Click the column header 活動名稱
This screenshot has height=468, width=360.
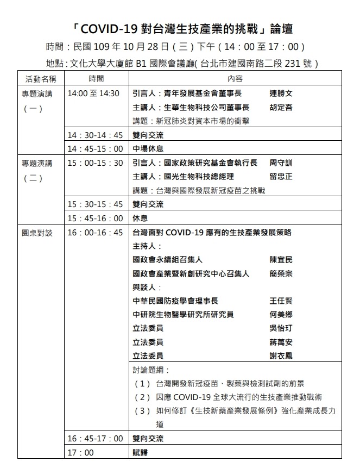(41, 79)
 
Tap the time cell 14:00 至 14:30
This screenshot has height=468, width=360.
(93, 93)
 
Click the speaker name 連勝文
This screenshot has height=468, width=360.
(281, 93)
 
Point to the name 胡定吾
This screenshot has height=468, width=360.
(281, 107)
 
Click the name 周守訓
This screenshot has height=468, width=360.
(281, 163)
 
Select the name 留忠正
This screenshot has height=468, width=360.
(281, 177)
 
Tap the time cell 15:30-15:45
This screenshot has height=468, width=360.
(95, 205)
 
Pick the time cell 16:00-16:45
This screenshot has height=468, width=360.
(95, 233)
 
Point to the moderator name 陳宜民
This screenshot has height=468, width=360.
(281, 260)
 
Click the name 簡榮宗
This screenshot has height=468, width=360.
(281, 274)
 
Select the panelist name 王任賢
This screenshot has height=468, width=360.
(281, 301)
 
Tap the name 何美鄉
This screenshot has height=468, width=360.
(281, 315)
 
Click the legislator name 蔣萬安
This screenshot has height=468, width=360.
(281, 342)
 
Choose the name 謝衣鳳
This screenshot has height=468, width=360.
(281, 356)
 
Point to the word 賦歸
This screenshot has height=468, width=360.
(140, 452)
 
